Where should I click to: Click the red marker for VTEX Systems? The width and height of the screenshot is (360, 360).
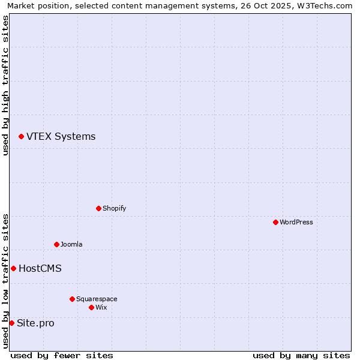(x=21, y=137)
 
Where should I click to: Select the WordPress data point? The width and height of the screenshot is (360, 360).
(x=275, y=222)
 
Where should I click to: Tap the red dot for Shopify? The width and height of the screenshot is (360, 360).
(x=98, y=208)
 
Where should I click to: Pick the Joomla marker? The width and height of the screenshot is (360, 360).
(x=56, y=244)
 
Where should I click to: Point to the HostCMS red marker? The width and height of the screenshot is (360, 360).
(x=13, y=268)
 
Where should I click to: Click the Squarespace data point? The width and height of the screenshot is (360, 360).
(x=72, y=299)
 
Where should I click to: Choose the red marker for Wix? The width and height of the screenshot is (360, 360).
(x=91, y=307)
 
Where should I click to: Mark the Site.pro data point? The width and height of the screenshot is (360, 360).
(x=11, y=323)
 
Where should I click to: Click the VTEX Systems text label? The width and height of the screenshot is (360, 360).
(x=61, y=137)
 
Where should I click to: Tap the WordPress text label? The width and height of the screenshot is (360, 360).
(x=296, y=222)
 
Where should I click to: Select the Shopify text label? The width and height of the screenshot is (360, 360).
(x=114, y=208)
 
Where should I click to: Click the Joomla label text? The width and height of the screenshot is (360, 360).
(x=71, y=244)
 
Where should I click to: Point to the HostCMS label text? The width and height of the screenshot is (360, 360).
(x=40, y=268)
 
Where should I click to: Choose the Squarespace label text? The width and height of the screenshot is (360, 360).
(x=97, y=299)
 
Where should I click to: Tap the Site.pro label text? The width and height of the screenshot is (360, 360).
(x=35, y=323)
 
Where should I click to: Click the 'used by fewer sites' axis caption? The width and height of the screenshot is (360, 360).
(x=62, y=355)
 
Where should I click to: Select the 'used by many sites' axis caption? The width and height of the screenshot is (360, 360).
(x=301, y=355)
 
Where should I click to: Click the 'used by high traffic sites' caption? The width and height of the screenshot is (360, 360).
(x=5, y=85)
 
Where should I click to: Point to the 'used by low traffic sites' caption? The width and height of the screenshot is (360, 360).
(x=5, y=280)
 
